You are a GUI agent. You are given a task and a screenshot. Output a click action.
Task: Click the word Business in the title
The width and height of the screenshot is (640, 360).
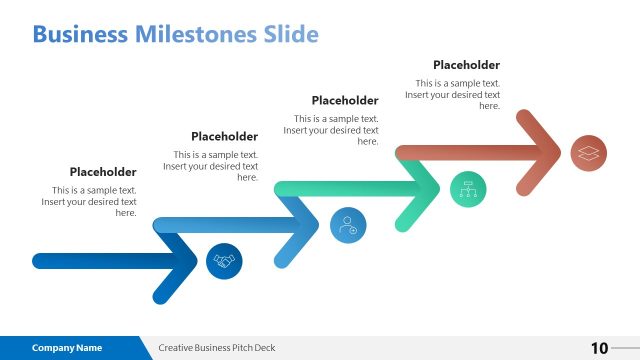(x=80, y=35)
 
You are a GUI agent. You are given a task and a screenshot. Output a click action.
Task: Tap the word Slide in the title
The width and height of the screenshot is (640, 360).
(x=290, y=35)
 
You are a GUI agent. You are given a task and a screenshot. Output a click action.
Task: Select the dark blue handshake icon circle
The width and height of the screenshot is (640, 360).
(x=224, y=261)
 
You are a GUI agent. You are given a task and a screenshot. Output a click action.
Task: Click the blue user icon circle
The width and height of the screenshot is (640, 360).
(x=347, y=224)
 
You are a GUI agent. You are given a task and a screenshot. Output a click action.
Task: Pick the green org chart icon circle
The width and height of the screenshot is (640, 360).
(x=467, y=188)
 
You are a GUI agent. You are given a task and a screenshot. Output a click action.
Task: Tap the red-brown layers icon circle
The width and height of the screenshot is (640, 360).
(x=588, y=153)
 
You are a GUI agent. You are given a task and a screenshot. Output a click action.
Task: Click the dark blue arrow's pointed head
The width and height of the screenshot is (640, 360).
(x=190, y=261)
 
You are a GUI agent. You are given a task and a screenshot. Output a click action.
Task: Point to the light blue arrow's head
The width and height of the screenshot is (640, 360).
(x=311, y=225)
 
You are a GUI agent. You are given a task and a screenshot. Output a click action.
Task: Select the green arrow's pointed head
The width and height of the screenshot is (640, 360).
(x=431, y=188)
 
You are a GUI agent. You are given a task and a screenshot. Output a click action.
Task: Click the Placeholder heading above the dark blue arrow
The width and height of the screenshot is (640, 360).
(x=103, y=172)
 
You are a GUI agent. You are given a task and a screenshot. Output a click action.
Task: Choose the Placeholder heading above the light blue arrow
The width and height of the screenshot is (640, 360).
(x=224, y=136)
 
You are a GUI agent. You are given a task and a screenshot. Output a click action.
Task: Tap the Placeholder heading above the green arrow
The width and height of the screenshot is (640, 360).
(x=345, y=100)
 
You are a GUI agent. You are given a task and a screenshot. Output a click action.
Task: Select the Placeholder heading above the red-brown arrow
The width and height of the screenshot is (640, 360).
(x=466, y=65)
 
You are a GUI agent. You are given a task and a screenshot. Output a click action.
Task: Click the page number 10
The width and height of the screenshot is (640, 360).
(x=599, y=348)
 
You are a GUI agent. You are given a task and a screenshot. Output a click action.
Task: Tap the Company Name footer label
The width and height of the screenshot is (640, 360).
(x=67, y=348)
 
